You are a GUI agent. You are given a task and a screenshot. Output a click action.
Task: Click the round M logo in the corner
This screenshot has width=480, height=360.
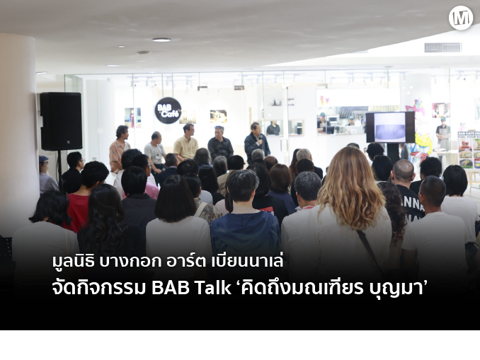pyautogui.click(x=461, y=18)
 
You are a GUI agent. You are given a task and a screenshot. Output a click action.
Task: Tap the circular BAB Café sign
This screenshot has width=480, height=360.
pyautogui.click(x=168, y=110)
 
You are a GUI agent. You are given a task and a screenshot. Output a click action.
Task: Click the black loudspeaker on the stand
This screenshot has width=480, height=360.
pyautogui.click(x=61, y=121)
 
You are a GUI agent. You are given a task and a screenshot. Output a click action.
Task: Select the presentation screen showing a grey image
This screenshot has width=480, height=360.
pyautogui.click(x=390, y=127)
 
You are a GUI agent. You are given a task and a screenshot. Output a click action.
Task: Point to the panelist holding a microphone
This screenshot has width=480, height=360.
pyautogui.click(x=256, y=141)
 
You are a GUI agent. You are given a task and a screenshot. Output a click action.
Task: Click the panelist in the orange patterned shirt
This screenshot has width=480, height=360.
pyautogui.click(x=120, y=149)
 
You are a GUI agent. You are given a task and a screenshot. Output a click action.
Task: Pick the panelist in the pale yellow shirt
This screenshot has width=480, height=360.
pyautogui.click(x=185, y=143)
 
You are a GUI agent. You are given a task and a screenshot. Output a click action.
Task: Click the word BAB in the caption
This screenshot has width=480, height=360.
pyautogui.click(x=171, y=288)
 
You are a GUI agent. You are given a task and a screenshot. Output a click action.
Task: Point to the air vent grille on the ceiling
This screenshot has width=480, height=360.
pyautogui.click(x=442, y=47)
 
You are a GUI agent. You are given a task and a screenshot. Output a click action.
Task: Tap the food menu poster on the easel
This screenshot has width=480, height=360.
pyautogui.click(x=469, y=150)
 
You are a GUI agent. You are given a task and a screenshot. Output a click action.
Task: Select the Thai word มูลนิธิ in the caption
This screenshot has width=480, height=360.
pyautogui.click(x=74, y=262)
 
